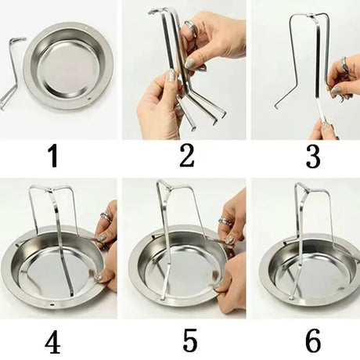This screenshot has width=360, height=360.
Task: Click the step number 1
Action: pos(54,157)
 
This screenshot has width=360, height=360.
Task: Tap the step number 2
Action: pos(187,156)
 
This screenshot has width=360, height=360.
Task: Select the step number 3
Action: pos(313,157)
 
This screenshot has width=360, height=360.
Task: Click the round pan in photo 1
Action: pos(69,66)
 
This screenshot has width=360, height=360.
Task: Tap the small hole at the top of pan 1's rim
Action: pos(86,27)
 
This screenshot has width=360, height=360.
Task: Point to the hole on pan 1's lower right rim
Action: pos(90,99)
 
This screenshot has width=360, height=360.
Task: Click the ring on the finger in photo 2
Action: pos(190,27)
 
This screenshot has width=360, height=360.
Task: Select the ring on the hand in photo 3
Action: pos(344,65)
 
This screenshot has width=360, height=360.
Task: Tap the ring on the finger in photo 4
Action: pos(106,217)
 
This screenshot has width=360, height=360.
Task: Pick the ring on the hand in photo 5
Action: pos(225,221)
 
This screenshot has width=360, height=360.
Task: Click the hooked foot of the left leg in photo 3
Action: pos(276,106)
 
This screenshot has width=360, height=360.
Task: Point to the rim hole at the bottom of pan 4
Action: pos(52,304)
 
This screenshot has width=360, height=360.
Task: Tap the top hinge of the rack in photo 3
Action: pos(311,16)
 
